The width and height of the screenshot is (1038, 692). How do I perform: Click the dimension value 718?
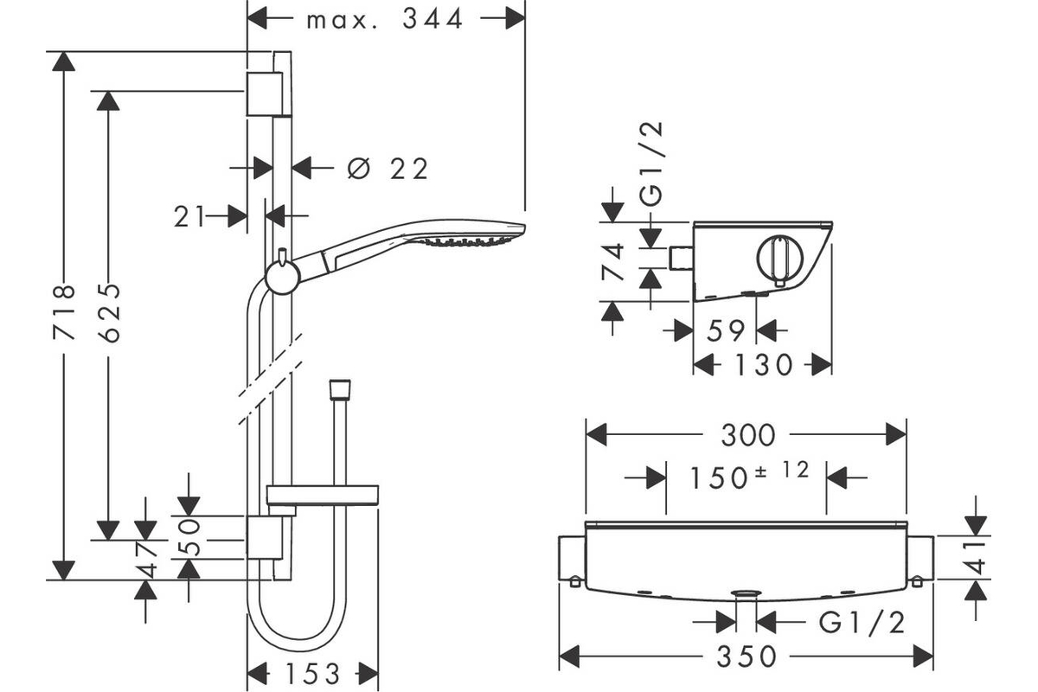point(64,312)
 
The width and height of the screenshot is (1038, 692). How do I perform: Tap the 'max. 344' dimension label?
point(385,20)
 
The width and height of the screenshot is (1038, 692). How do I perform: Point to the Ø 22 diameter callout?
point(388,169)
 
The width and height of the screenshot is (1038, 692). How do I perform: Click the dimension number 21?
point(189,216)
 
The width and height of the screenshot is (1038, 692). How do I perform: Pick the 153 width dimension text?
point(313,674)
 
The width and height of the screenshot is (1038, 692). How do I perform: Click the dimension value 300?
point(748,435)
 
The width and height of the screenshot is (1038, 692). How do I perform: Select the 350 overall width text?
point(746,657)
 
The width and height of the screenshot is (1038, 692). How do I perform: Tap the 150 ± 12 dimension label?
point(749,476)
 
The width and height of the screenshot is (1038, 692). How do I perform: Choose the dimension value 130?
point(764,365)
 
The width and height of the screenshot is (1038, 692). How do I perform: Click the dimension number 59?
point(726,330)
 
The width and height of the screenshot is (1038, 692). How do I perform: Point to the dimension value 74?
point(612,262)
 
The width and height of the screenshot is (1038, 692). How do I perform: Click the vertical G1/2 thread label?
point(651,163)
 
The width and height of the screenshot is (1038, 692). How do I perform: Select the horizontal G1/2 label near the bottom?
point(862,623)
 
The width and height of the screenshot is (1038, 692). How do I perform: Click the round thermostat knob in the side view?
point(779,261)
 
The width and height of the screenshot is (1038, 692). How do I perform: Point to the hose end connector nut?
point(340,390)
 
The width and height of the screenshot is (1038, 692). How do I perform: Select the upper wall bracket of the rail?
point(264,93)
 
